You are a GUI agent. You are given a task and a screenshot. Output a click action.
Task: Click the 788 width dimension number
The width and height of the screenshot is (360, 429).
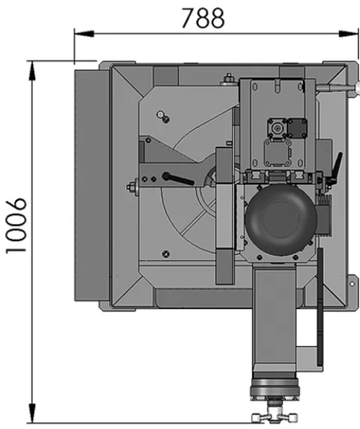(x=203, y=18)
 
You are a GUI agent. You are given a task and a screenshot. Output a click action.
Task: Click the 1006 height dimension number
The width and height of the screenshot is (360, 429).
(x=16, y=226)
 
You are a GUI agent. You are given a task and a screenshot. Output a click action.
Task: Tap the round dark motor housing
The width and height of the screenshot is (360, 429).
(x=281, y=220)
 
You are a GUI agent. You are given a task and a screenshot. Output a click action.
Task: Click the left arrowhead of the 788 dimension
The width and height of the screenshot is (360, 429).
(x=84, y=34)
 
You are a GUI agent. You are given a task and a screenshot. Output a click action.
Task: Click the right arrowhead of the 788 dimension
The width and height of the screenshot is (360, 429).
(x=348, y=34)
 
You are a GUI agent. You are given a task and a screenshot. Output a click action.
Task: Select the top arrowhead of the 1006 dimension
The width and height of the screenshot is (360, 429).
(x=32, y=71)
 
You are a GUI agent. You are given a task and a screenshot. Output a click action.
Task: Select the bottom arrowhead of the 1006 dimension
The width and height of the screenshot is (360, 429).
(x=32, y=413)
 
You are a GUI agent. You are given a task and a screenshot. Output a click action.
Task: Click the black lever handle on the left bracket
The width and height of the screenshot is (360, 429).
(x=178, y=178)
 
